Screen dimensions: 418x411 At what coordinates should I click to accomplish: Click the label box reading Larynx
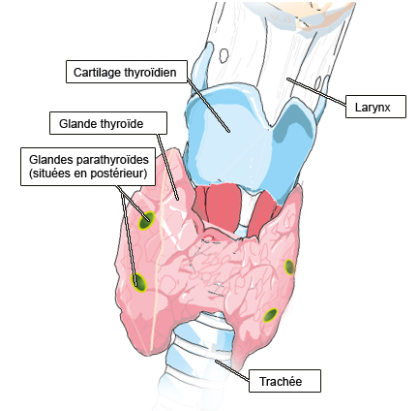[375, 107]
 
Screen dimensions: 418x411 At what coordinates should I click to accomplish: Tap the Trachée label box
[284, 381]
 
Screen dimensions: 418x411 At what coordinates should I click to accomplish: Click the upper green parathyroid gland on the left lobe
[146, 221]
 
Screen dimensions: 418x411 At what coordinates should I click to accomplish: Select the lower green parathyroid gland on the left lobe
[138, 282]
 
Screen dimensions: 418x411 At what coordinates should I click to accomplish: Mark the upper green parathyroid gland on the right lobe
[289, 267]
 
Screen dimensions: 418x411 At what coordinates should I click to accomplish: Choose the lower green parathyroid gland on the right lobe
[270, 315]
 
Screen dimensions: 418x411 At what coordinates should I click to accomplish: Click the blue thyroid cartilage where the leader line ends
[228, 131]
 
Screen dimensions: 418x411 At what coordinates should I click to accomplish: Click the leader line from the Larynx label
[316, 91]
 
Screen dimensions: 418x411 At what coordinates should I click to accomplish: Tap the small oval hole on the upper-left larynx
[223, 55]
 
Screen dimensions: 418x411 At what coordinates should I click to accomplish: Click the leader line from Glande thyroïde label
[167, 167]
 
